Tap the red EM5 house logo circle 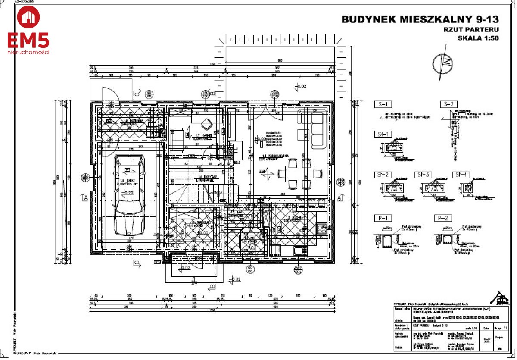tap(28, 17)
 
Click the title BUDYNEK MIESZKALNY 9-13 tap(420, 19)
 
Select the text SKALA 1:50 tap(478, 38)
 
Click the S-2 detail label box tap(448, 104)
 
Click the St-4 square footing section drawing tap(467, 188)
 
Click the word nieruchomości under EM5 tap(28, 52)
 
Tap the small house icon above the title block tap(499, 297)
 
